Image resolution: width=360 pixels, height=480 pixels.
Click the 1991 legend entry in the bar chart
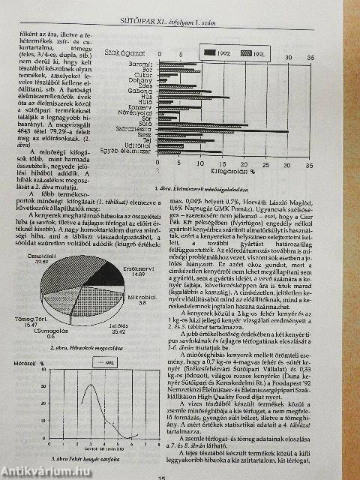252,54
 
